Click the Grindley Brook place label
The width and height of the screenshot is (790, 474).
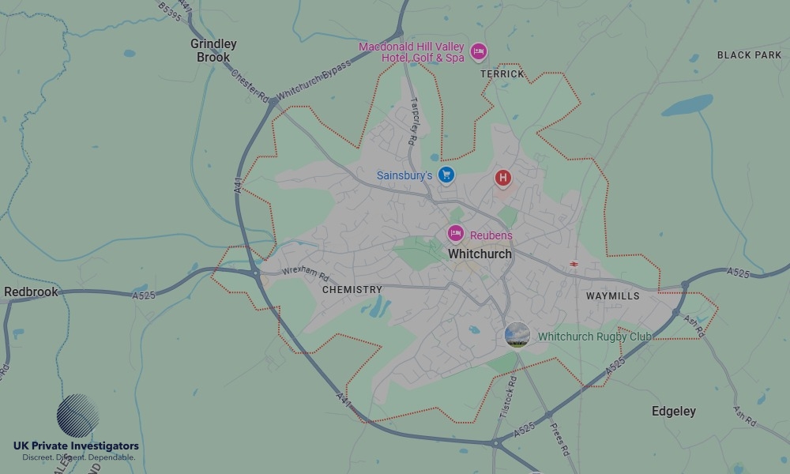tap(213, 51)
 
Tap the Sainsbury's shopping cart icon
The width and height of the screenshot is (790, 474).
tap(446, 175)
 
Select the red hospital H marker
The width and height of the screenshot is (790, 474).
tap(503, 178)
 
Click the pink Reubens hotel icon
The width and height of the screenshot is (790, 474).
tap(456, 234)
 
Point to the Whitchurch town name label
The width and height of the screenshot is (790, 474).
tap(480, 254)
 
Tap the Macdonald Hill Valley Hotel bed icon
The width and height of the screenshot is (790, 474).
tap(478, 52)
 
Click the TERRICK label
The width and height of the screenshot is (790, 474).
tap(502, 73)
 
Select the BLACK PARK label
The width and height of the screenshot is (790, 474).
tap(748, 55)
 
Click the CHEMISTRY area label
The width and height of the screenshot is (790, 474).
tap(352, 290)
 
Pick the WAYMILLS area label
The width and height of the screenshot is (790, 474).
tap(612, 296)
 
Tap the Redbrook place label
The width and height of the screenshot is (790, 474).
tap(32, 292)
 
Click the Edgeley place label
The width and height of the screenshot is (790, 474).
tap(674, 412)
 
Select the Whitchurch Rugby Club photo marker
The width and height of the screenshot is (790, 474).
tap(517, 335)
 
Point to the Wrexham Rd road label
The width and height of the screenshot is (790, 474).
tap(305, 274)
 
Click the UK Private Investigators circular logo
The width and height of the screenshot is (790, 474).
tap(78, 416)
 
